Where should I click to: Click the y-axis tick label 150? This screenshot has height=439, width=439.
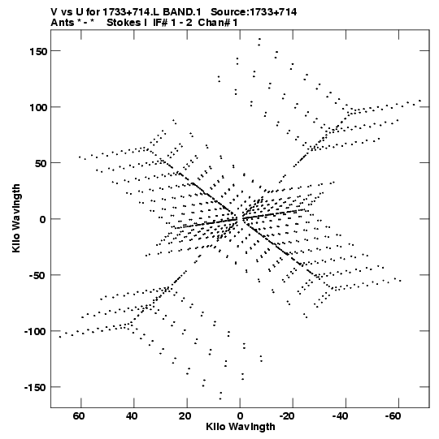pos(37,51)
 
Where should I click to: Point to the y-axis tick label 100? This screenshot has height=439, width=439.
pos(37,107)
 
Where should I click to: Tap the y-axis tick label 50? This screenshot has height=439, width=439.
pos(41,163)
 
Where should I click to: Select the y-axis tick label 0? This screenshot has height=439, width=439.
pos(42,219)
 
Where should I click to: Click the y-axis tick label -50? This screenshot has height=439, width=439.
pos(38,276)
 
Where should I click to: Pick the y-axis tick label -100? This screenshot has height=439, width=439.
pos(35,332)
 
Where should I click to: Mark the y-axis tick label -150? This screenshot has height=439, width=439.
pos(35,388)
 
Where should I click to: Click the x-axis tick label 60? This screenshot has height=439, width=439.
pos(79,416)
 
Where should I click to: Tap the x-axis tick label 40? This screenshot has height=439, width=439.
pos(132,416)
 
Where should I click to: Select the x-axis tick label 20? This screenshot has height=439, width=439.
pos(185,416)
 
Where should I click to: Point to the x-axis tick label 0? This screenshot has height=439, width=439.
pos(240,416)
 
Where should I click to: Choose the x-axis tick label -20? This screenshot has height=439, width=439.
pos(287,416)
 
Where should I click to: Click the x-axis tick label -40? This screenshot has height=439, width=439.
pos(340,416)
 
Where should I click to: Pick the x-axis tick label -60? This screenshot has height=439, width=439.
pos(393,416)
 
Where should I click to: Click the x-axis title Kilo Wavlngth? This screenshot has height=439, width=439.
pos(241,427)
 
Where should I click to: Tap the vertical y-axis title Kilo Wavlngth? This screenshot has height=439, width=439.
pos(16,218)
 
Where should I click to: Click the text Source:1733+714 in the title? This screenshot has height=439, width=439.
pos(254,12)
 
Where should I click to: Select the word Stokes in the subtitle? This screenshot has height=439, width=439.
pos(124,23)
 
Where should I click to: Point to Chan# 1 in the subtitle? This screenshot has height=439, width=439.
pos(218,23)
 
